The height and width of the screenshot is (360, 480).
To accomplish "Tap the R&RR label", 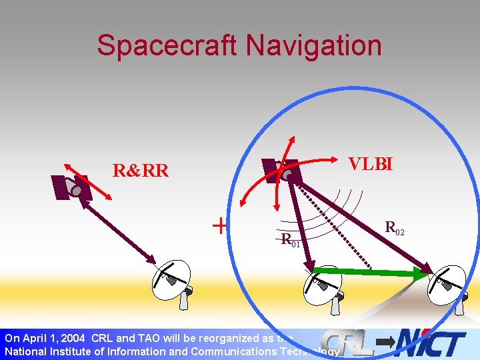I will tap(140, 171).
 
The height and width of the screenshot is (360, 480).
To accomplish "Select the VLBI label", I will tap(371, 163).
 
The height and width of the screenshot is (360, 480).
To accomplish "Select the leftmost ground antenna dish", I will tap(173, 279).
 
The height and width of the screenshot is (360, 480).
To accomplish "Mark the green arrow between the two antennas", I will tap(373, 271).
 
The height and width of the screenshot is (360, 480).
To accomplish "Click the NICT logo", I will tap(430, 344).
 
